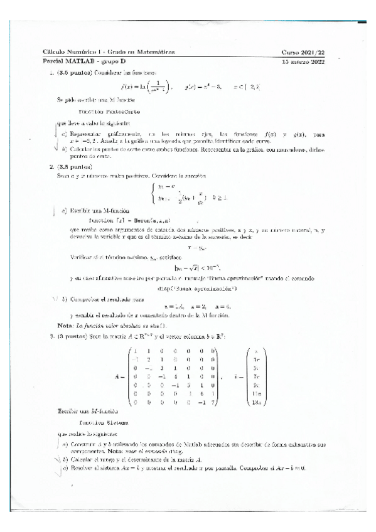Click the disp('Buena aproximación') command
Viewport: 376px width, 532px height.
(x=188, y=270)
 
